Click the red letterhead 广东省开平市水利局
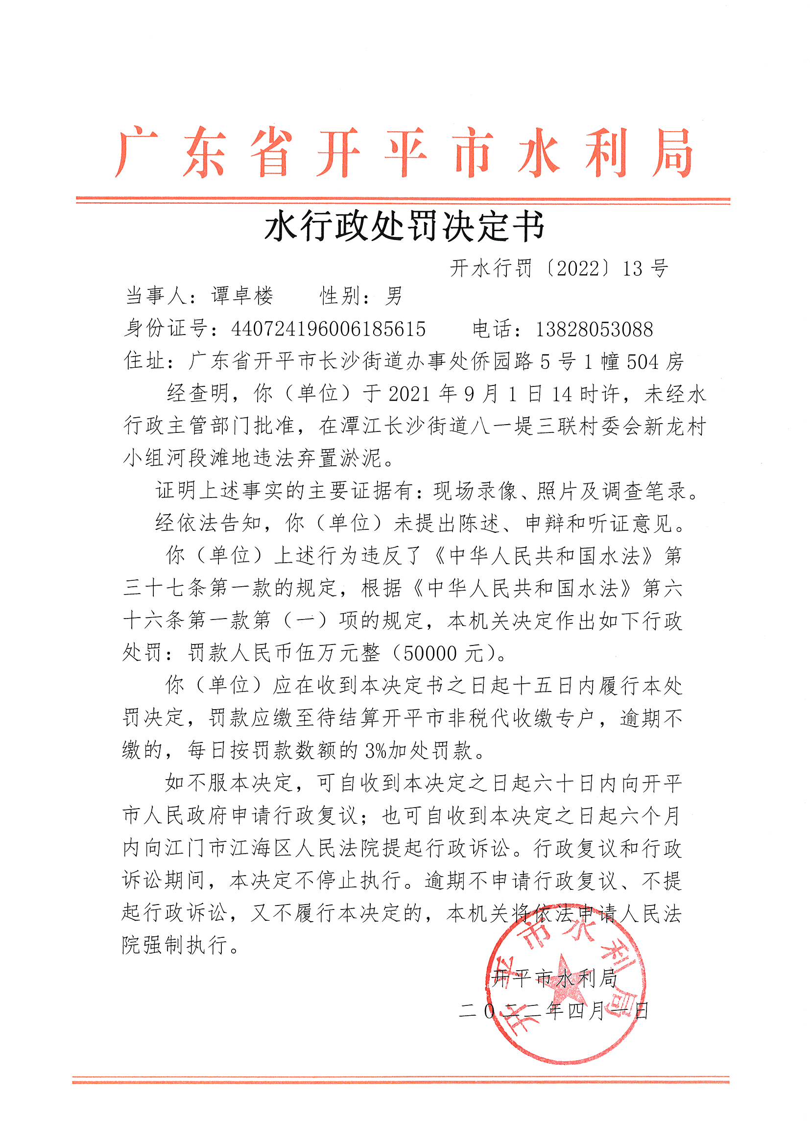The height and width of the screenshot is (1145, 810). [x=404, y=152]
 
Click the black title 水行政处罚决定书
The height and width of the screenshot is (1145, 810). [x=405, y=227]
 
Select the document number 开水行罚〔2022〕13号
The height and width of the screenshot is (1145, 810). [x=559, y=269]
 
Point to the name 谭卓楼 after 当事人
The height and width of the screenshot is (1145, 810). [x=242, y=296]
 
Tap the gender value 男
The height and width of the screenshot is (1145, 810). [x=394, y=296]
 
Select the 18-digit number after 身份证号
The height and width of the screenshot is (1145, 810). [x=328, y=329]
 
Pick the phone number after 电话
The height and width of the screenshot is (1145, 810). [x=594, y=329]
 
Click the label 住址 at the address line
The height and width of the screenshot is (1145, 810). [x=144, y=360]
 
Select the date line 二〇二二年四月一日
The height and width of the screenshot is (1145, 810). [x=554, y=1011]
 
